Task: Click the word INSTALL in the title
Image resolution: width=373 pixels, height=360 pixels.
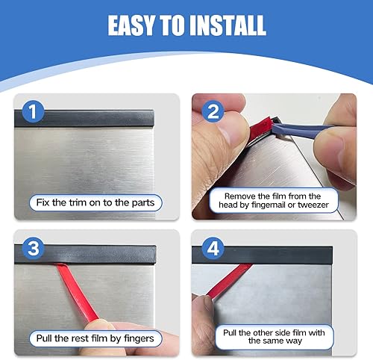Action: pyautogui.click(x=227, y=25)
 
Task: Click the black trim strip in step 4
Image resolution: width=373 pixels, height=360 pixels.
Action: pyautogui.click(x=283, y=255)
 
